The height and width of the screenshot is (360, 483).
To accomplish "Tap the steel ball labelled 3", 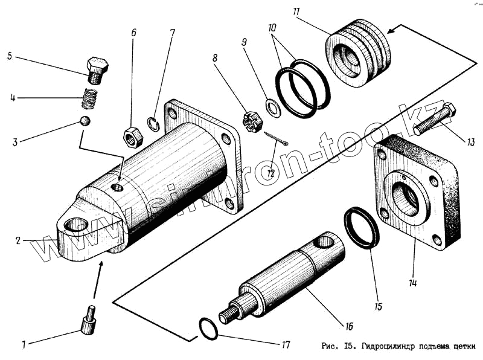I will pos(85,121).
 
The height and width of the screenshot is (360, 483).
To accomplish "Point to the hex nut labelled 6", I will pos(133,137).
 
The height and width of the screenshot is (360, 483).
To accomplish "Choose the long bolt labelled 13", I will pos(433,120).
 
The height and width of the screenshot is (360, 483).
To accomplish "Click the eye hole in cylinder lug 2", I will pos(76,226).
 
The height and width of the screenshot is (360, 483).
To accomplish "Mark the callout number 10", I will pos(273,28).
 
